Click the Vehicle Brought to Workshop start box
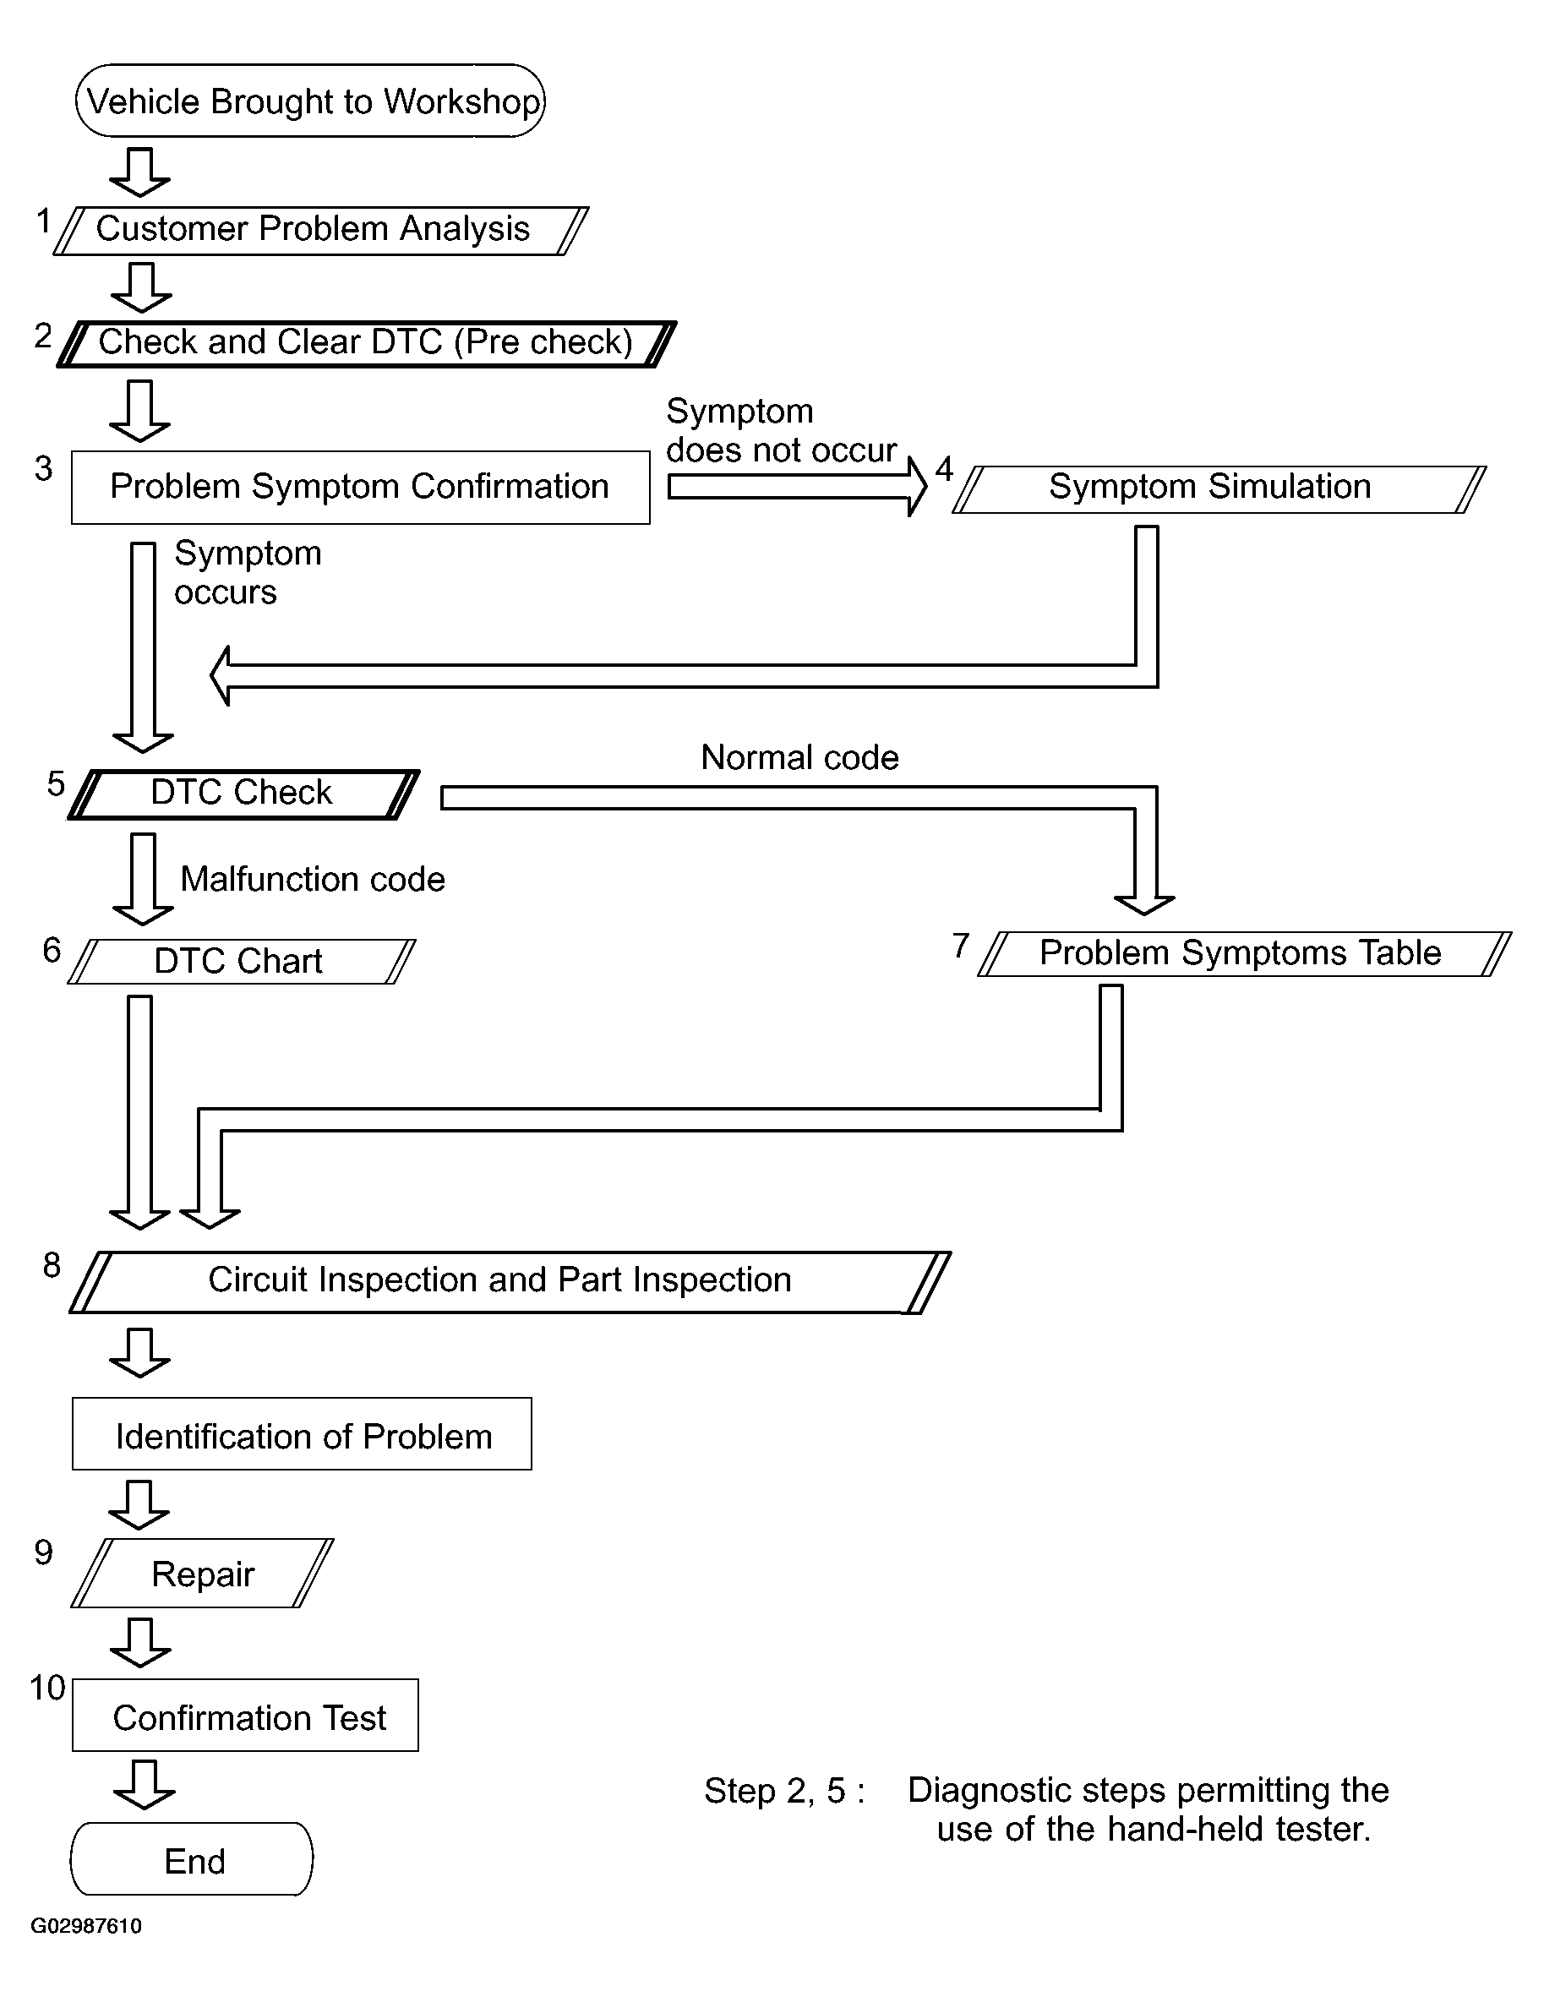tap(310, 101)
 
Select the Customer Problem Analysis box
tap(321, 231)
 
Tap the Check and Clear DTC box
tap(367, 344)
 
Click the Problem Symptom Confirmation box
tap(360, 488)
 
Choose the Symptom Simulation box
tap(1219, 489)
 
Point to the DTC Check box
tap(243, 794)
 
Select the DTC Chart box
tap(242, 962)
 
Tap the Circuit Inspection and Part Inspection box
tap(510, 1282)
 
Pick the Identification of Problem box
tap(302, 1434)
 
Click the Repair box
tap(202, 1574)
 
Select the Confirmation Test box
tap(245, 1716)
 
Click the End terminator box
tap(192, 1859)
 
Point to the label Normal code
tap(799, 757)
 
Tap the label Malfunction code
tap(313, 879)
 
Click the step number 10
tap(47, 1687)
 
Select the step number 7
tap(961, 945)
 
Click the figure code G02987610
tap(86, 1926)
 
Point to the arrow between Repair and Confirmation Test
tap(140, 1643)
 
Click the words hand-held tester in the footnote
tap(1239, 1829)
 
